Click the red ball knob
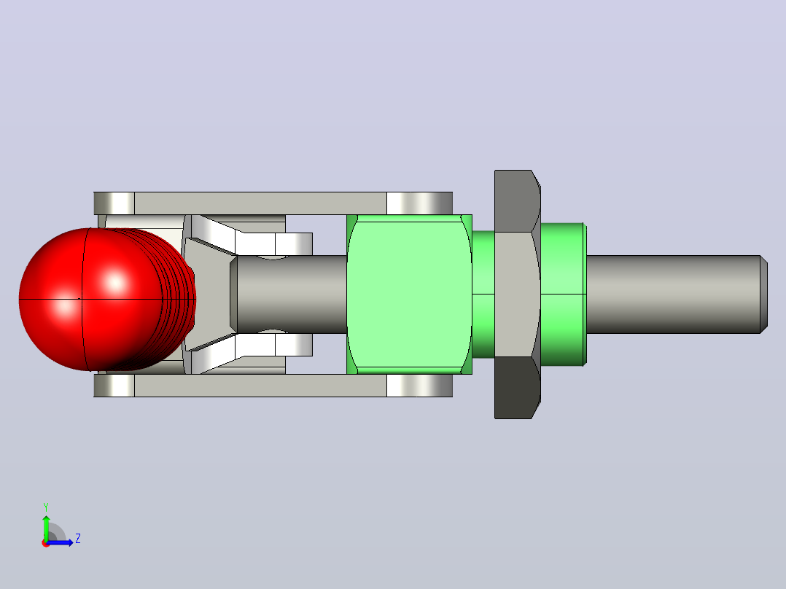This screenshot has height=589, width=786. coord(101,300)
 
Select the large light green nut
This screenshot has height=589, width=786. coord(409,294)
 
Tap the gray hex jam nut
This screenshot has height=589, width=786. coord(518,294)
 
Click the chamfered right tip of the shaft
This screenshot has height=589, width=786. coord(764,294)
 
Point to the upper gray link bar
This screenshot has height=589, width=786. coord(273,203)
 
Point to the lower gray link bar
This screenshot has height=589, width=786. coord(273,386)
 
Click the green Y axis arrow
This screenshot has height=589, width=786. coord(46,527)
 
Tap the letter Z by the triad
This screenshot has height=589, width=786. coord(78,539)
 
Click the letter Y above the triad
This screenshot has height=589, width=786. coord(46,507)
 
